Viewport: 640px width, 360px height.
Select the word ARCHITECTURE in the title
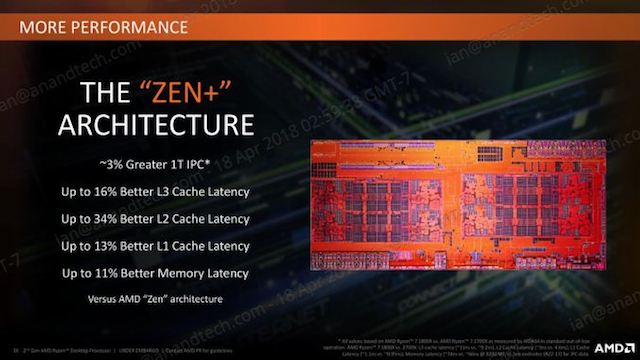[x=152, y=127]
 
